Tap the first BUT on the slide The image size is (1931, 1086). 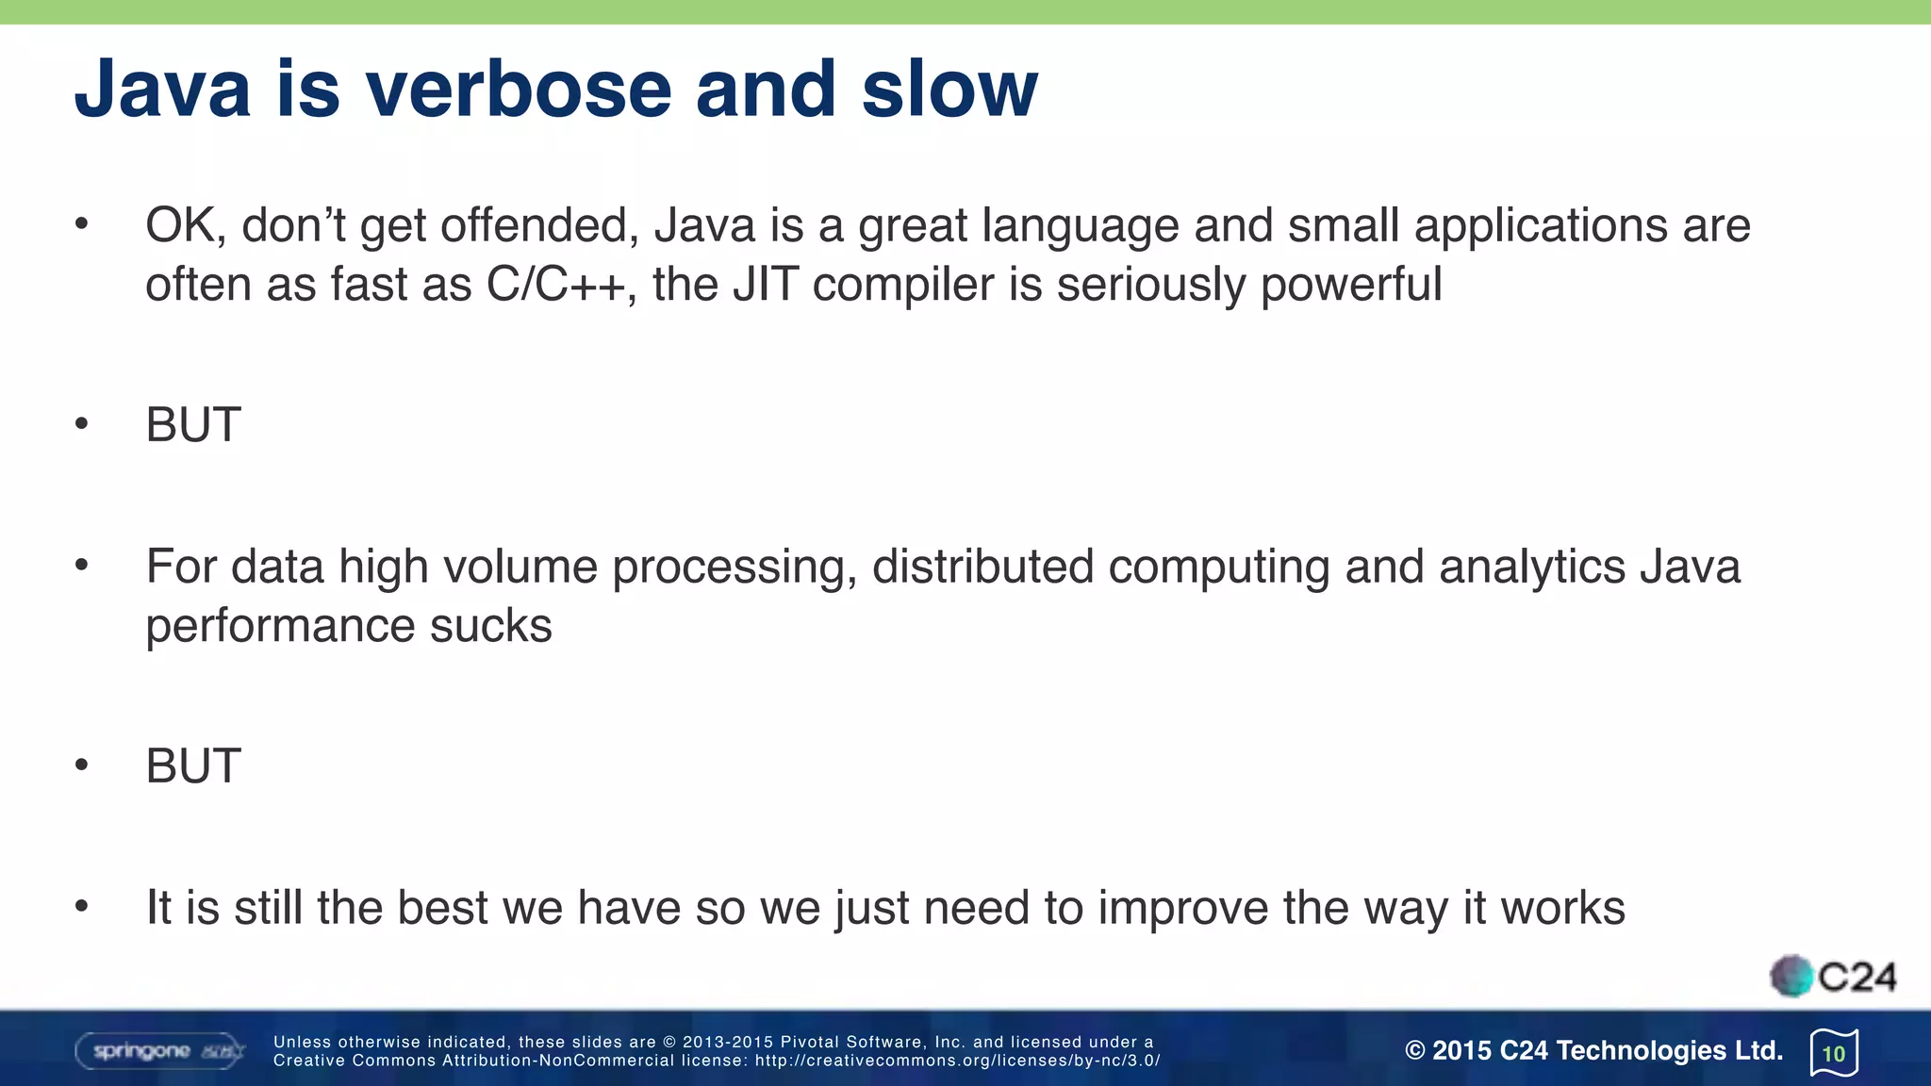click(193, 425)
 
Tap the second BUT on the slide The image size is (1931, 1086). click(193, 766)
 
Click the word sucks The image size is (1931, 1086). click(490, 626)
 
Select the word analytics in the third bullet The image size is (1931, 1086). click(1532, 568)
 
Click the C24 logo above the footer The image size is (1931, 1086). click(1833, 977)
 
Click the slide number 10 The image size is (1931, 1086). click(1834, 1054)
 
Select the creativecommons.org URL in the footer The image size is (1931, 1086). click(957, 1061)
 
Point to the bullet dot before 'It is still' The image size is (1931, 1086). click(82, 907)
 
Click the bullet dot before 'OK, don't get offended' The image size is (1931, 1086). click(82, 224)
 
